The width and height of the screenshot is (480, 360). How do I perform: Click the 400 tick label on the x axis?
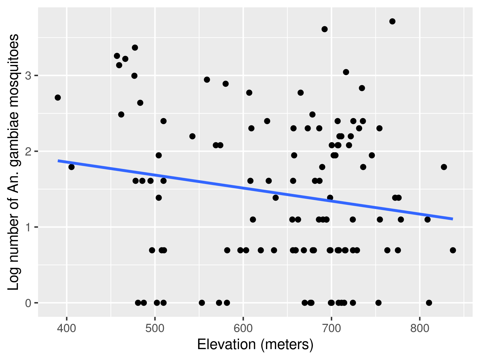pos(67,329)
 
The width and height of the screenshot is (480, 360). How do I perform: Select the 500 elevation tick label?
pos(155,329)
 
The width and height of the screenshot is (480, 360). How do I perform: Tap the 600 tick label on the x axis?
pos(243,329)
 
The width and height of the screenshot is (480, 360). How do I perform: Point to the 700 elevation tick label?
pos(332,329)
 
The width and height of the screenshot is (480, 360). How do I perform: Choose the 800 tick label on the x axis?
pos(420,329)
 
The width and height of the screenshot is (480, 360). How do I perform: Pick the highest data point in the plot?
pos(392,21)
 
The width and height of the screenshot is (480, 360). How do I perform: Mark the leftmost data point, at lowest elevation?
pos(58,98)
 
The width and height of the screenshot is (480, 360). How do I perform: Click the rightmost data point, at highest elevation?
pos(453,250)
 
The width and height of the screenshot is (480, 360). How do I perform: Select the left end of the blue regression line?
pos(58,161)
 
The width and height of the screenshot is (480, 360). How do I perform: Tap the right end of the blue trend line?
pos(452,219)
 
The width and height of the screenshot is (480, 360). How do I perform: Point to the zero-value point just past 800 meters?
pos(429,303)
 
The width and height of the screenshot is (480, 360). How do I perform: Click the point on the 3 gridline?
pos(134,76)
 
